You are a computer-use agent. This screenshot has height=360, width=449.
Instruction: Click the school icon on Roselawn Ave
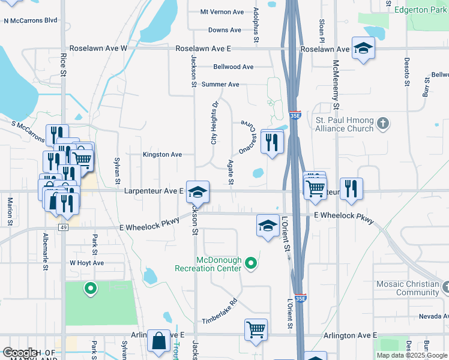coord(363,47)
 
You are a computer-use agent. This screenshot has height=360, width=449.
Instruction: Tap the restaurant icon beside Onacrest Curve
coord(272,141)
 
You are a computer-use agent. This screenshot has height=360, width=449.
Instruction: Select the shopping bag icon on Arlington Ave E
coord(158,341)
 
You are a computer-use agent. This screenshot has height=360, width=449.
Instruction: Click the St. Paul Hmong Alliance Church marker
coord(383,124)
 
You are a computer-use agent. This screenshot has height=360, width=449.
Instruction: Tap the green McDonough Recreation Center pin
coord(252,263)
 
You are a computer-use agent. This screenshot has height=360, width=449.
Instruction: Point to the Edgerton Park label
coord(421,10)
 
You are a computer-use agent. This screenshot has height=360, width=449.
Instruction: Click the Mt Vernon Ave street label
coord(222,12)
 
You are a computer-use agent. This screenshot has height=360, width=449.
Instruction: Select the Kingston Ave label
coord(162,154)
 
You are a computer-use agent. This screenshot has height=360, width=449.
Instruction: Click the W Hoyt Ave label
coord(87,263)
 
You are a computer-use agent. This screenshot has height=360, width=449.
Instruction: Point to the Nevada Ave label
coord(433,316)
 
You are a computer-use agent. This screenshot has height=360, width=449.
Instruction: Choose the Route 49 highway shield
coord(64,228)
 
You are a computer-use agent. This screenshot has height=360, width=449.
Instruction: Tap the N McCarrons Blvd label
coord(30,20)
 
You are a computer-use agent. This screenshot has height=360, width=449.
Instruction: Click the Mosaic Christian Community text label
coord(408,288)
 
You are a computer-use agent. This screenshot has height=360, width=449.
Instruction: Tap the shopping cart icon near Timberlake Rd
coord(256,329)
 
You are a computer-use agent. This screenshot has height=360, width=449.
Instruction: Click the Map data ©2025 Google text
coord(412,355)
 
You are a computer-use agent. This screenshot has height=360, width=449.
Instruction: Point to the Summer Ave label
coord(220,85)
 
